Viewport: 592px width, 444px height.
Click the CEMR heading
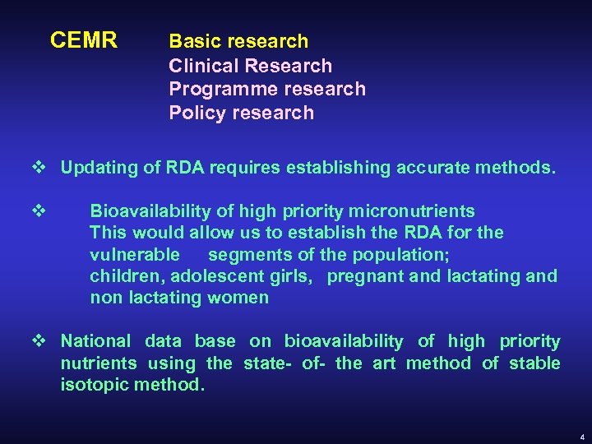84,40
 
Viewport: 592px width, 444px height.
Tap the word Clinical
202,65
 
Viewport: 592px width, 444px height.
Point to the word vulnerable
135,254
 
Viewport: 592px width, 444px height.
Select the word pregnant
365,275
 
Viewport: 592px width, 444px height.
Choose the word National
95,341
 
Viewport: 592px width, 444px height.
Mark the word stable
534,363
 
